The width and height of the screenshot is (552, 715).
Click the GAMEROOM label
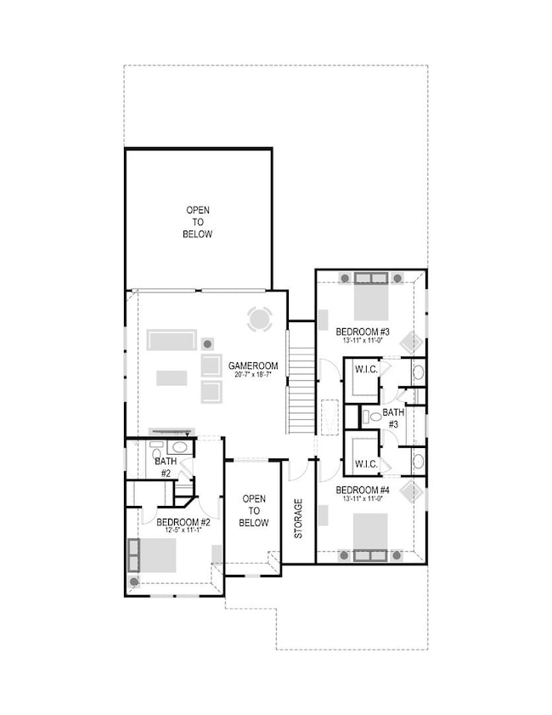pos(249,366)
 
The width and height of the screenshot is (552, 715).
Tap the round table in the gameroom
pos(260,320)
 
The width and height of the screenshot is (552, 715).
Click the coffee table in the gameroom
pos(172,377)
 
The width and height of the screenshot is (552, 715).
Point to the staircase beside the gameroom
pos(301,377)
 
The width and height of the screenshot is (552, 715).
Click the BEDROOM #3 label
pos(363,331)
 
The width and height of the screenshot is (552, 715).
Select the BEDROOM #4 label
pos(363,491)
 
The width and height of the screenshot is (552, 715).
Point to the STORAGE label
pos(298,519)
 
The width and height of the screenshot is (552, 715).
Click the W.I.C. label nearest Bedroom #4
pos(366,463)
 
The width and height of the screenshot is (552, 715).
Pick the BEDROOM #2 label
pos(183,522)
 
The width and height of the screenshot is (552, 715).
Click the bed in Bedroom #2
pos(156,555)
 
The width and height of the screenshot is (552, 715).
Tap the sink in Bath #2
pos(179,447)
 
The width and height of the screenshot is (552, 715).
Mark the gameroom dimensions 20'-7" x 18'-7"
pos(249,375)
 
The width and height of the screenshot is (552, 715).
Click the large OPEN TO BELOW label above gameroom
pos(198,222)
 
